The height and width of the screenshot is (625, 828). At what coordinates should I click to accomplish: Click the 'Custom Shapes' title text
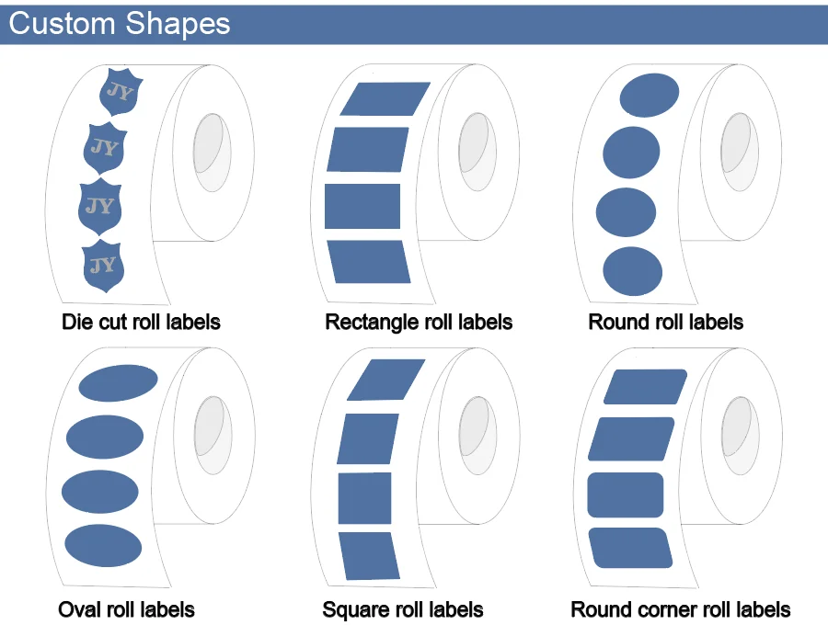coord(120,23)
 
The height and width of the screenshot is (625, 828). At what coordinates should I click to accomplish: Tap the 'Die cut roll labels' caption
coord(141,323)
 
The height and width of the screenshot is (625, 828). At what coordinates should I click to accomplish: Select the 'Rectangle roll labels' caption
coord(419,323)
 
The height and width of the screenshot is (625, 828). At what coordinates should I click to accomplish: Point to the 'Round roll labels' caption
coord(665,323)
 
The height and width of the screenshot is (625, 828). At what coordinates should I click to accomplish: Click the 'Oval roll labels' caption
coord(126,609)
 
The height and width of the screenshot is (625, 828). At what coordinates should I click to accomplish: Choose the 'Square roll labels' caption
coord(403,609)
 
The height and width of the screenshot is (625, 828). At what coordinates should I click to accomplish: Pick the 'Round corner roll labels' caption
coord(680,609)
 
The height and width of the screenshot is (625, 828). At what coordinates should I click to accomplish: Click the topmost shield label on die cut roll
coord(120,92)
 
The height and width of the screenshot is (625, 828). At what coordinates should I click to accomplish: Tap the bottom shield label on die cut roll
coord(103,267)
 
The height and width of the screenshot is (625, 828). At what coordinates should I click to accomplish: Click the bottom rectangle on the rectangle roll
coord(368,262)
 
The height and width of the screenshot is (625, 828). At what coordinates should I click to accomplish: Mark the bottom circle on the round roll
coord(632,271)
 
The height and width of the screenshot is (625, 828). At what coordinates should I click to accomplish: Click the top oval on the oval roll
coord(118,382)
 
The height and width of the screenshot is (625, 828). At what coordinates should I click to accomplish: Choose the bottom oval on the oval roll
coord(103,545)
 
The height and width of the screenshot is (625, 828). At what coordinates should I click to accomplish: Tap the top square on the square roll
coord(386,380)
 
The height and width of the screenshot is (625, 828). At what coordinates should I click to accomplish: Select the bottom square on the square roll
coord(368,555)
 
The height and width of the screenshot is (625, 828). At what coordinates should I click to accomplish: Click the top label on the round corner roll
coord(646,387)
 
